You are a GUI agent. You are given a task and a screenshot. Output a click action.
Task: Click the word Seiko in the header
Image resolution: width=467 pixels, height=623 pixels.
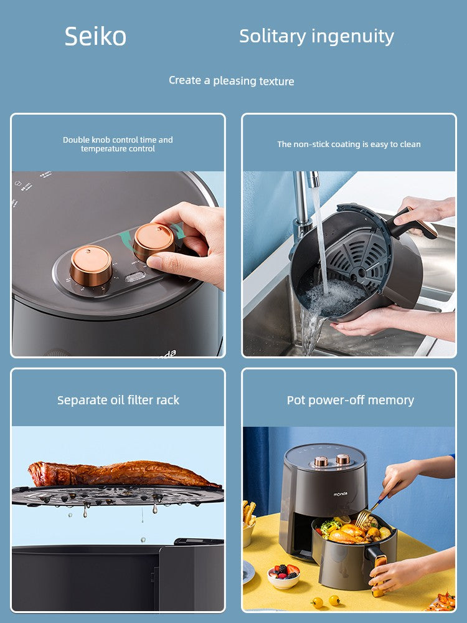[x=95, y=36]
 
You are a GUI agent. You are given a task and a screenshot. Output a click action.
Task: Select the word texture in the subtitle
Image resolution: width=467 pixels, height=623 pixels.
[x=276, y=81]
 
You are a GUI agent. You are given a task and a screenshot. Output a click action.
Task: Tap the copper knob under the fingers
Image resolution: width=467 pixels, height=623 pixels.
[x=154, y=242]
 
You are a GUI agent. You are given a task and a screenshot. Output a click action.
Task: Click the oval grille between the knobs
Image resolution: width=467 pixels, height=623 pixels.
[x=135, y=277]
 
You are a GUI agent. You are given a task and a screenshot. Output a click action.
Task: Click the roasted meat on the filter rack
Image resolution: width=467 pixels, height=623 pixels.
[x=121, y=473]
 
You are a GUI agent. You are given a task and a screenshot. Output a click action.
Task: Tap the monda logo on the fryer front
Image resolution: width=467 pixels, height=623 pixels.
[x=341, y=494]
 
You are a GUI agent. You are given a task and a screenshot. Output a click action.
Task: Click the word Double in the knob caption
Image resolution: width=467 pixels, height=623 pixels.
[x=76, y=140]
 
